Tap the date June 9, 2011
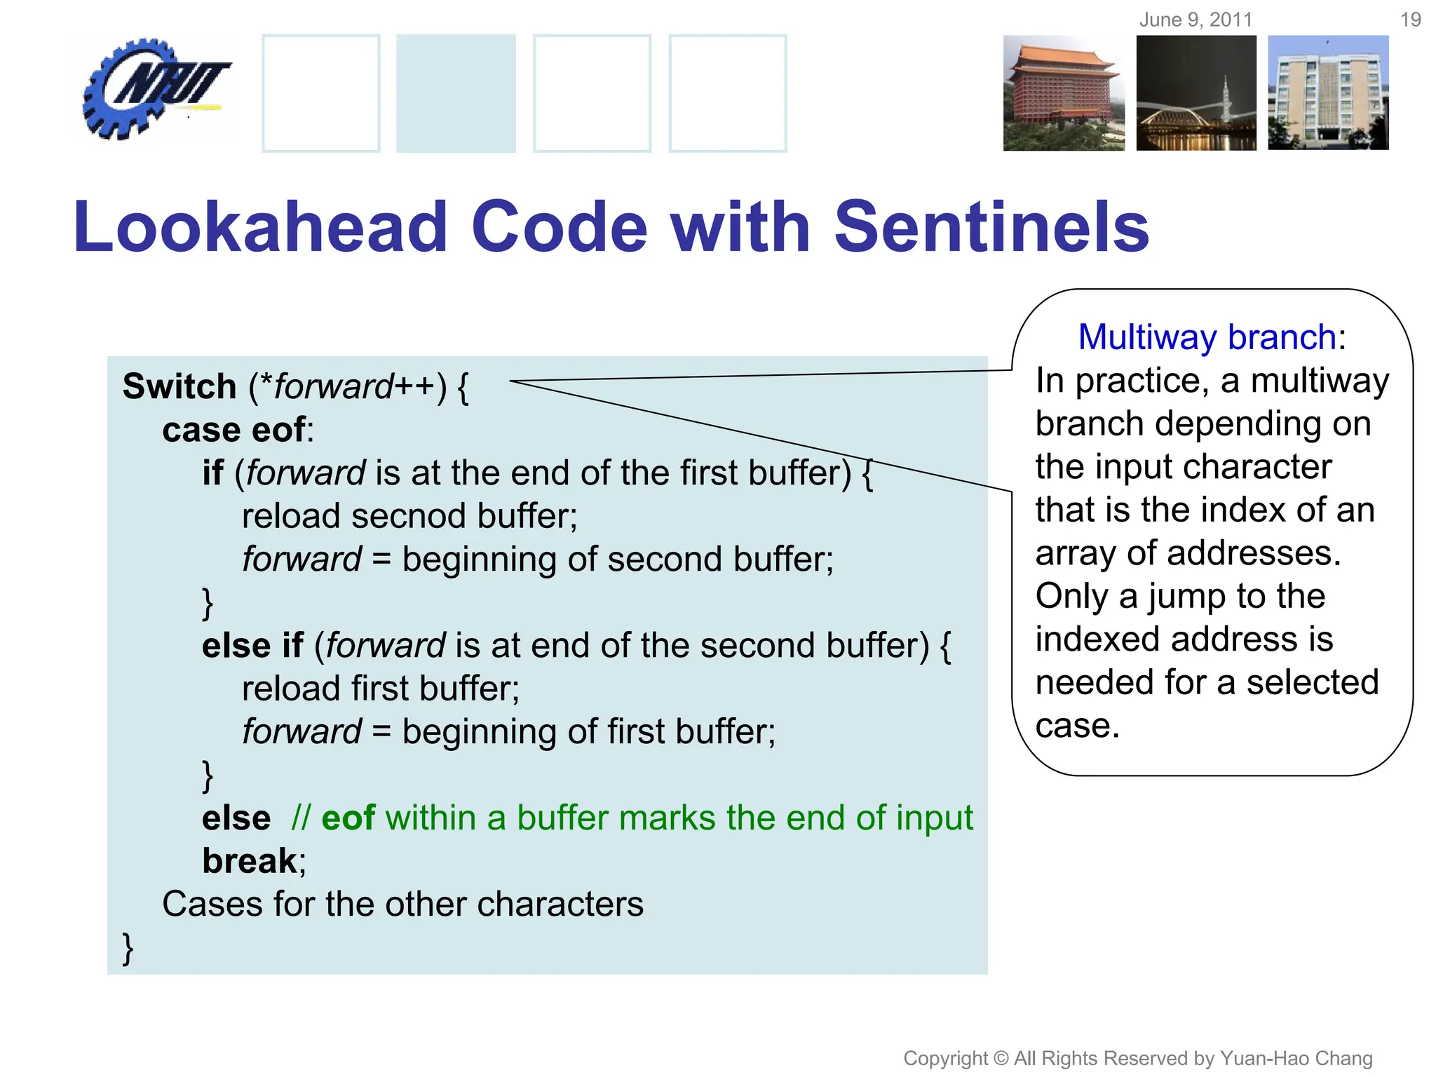click(x=1195, y=20)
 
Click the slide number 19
click(x=1410, y=20)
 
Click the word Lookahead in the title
click(x=260, y=227)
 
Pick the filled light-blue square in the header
click(x=456, y=93)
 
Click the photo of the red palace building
click(x=1063, y=93)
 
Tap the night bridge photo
click(x=1196, y=93)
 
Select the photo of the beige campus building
click(x=1328, y=93)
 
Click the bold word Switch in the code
click(x=179, y=387)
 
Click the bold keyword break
click(x=250, y=861)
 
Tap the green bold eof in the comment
click(x=348, y=818)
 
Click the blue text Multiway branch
click(x=1207, y=337)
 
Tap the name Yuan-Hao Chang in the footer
click(x=1296, y=1058)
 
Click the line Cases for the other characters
click(x=402, y=905)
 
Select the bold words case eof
click(x=234, y=430)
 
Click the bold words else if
click(x=252, y=646)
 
